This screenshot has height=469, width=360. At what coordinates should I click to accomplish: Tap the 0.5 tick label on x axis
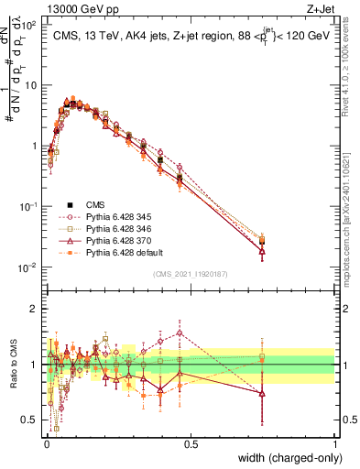coord(191,444)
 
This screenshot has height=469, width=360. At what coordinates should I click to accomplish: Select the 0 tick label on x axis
coord(46,444)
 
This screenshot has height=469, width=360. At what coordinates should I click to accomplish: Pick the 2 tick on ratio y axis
coord(37,309)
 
